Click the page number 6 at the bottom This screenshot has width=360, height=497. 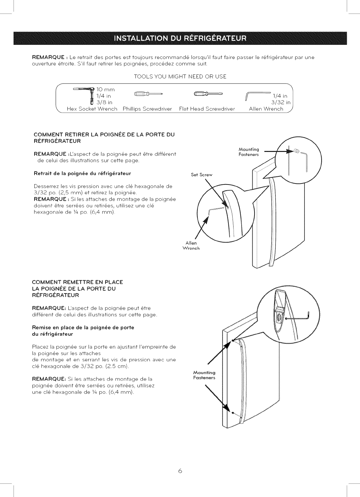[x=180, y=471]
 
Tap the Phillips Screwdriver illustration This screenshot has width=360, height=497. [x=147, y=94]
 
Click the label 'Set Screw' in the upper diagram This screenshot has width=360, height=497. [x=202, y=175]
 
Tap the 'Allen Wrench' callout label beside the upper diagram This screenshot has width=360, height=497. [x=191, y=245]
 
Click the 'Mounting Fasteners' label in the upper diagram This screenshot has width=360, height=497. [x=249, y=152]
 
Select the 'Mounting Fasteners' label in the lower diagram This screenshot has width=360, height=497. [x=204, y=375]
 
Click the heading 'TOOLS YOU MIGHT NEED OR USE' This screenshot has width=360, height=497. [x=180, y=76]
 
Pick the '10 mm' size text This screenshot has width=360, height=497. [x=105, y=89]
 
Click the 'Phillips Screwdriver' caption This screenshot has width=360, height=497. [x=147, y=109]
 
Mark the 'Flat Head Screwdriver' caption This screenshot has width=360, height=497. [x=207, y=109]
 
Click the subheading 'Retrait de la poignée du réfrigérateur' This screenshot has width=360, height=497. [x=82, y=174]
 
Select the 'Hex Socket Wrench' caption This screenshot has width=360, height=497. [x=92, y=109]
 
